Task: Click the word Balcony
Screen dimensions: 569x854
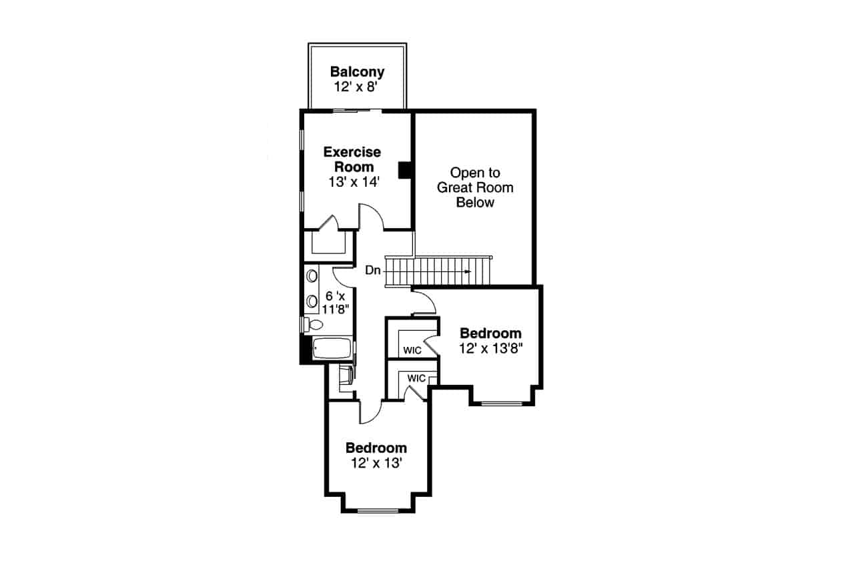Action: coord(357,72)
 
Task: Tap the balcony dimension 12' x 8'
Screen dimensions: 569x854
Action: coord(357,87)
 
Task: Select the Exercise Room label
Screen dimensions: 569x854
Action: coord(352,159)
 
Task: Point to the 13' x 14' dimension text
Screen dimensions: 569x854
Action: coord(354,181)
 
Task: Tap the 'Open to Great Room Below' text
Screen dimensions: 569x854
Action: coord(475,187)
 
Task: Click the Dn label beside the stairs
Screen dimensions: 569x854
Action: coord(372,271)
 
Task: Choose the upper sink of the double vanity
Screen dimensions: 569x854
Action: coord(312,275)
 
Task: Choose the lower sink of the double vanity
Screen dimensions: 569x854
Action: coord(312,302)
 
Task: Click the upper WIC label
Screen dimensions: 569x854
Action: coord(411,350)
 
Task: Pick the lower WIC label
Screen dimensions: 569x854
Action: coord(416,378)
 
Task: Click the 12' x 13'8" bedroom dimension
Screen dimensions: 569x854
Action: coord(490,348)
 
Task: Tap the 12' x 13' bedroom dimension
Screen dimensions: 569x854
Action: coord(376,463)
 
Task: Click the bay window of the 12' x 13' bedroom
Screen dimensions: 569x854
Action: coord(376,511)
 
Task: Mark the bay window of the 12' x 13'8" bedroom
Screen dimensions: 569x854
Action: coord(502,403)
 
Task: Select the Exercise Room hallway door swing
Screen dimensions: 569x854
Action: coord(372,217)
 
